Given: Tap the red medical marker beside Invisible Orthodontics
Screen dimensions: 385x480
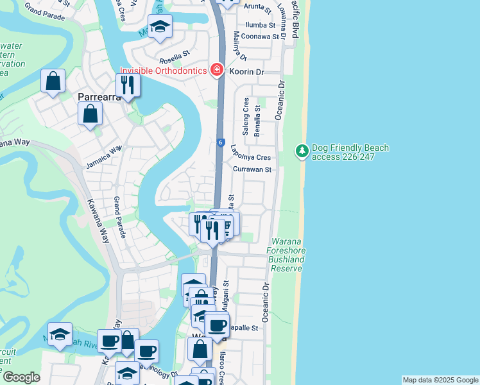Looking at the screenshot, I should [217, 69].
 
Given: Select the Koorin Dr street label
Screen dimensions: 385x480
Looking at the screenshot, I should [246, 73].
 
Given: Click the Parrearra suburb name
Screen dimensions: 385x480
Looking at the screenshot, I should [99, 98].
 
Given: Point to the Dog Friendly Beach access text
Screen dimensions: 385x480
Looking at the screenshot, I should [350, 152].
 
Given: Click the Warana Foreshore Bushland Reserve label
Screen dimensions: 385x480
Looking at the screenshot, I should [286, 255].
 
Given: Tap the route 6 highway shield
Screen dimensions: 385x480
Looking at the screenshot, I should [219, 143].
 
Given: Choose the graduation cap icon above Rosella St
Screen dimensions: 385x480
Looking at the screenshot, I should [160, 27].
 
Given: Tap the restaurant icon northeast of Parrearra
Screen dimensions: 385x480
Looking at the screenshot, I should [128, 84].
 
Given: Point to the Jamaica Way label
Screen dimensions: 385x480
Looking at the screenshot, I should [103, 158].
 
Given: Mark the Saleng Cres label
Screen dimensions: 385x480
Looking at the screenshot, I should [245, 114].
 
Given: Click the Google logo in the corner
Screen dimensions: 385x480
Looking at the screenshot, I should [21, 377].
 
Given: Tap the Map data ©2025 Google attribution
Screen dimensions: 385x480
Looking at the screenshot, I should [440, 380].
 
